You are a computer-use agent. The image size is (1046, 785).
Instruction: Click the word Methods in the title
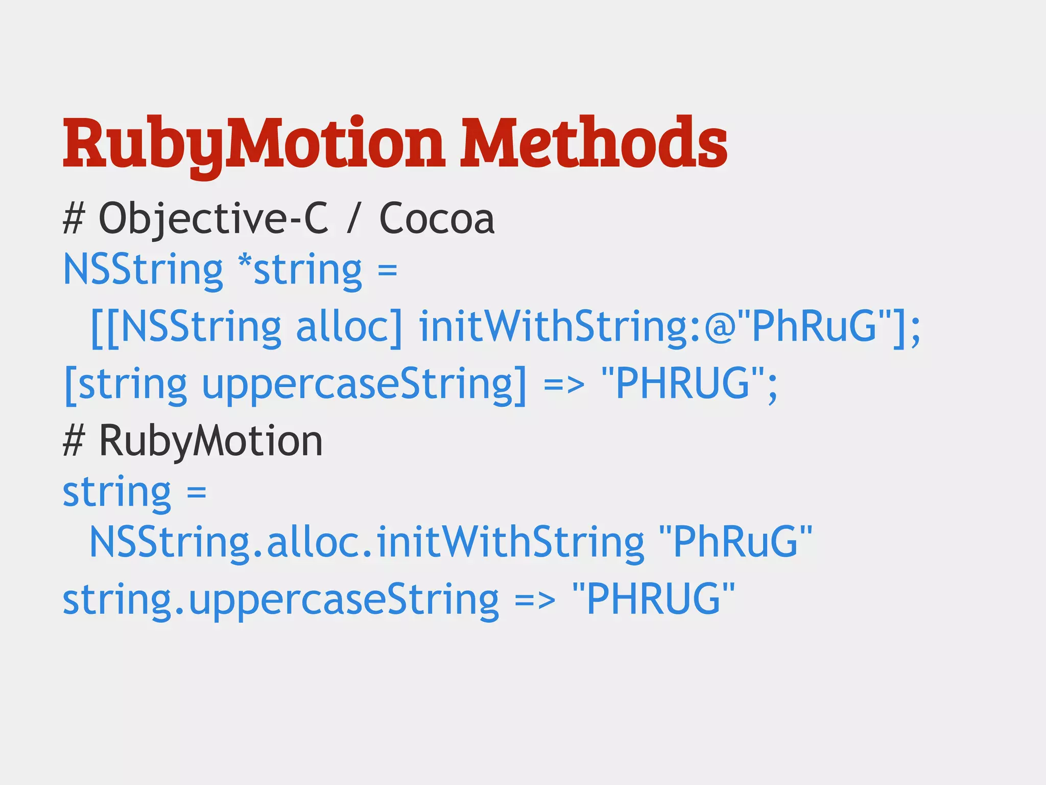593,143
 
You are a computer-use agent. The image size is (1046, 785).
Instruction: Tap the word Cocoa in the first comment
437,219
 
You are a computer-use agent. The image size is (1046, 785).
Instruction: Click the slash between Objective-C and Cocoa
352,219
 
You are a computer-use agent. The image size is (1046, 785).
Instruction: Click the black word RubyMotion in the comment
210,441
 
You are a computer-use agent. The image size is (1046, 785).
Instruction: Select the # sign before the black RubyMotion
73,442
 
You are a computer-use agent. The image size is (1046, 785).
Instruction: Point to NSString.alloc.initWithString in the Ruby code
367,543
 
